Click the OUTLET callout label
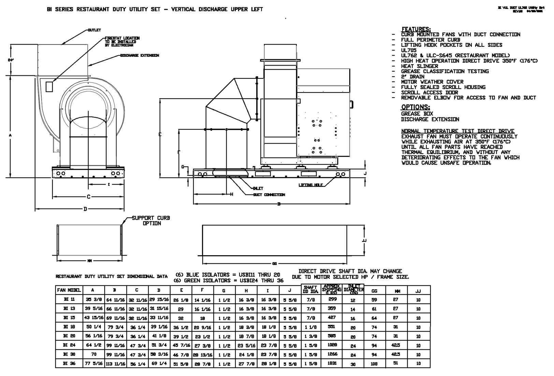94,30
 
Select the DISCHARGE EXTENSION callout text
140,55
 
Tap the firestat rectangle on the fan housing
49,86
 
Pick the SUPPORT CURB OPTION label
151,220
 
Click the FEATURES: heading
416,29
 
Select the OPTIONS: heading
415,107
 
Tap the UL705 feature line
409,50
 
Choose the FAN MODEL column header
69,290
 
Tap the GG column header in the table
374,291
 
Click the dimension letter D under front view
85,209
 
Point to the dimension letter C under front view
88,197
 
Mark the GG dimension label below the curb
275,263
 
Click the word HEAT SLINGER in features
420,66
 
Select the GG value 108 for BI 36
374,364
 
